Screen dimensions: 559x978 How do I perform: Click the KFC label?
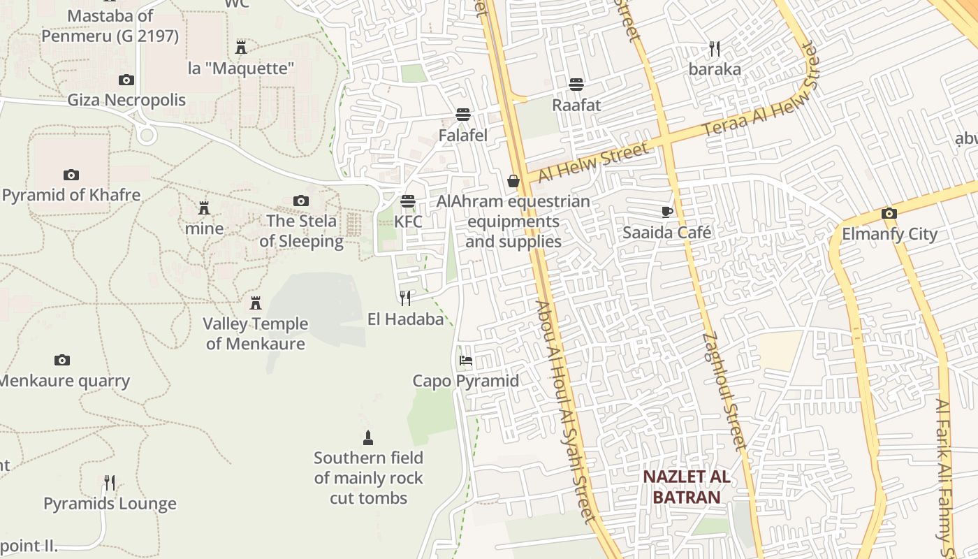pos(408,222)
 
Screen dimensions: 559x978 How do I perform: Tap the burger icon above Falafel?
pos(462,114)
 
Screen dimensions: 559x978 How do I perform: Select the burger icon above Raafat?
pos(576,85)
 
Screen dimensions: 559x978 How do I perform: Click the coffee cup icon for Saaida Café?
pos(667,212)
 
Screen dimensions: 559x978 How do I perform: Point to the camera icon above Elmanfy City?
pos(889,213)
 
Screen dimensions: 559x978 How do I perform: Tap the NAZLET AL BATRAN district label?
pos(686,487)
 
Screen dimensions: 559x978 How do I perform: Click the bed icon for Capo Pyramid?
pos(465,361)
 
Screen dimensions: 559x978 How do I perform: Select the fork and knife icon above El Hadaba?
pos(405,298)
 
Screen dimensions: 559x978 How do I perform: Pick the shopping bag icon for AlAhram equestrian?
pos(513,182)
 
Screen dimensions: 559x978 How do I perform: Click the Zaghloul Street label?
pos(725,391)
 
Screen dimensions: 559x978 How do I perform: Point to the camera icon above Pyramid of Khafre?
pos(71,175)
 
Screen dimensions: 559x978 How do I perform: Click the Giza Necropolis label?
pos(126,100)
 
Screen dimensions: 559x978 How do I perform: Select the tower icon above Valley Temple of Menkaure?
pos(256,303)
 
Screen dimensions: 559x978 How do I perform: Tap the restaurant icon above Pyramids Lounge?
pos(110,483)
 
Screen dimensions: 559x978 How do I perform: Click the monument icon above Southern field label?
pos(368,438)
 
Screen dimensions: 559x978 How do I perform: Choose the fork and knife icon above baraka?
pos(714,49)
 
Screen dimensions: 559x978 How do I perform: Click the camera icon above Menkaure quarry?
pos(62,361)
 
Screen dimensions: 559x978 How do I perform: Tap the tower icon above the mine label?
pos(204,208)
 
